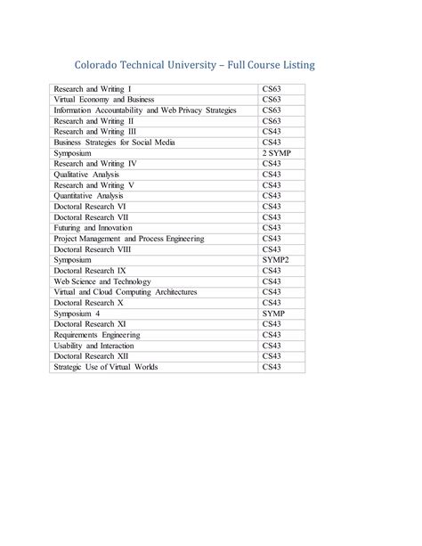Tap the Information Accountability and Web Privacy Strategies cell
tap(144, 110)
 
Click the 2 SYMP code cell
tap(276, 153)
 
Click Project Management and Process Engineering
tap(129, 239)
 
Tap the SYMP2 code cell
tap(275, 260)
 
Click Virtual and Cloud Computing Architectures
tap(125, 292)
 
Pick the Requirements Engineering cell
tap(97, 335)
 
